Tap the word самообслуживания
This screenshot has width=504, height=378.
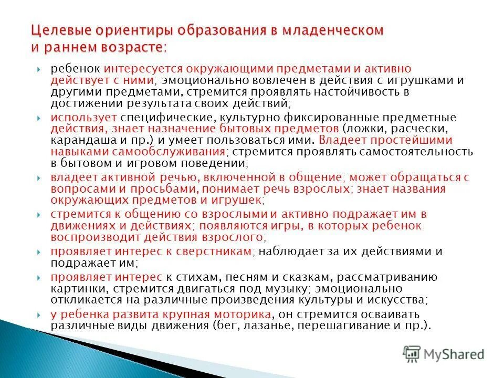pyautogui.click(x=168, y=152)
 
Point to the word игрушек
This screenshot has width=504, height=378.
pyautogui.click(x=237, y=200)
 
